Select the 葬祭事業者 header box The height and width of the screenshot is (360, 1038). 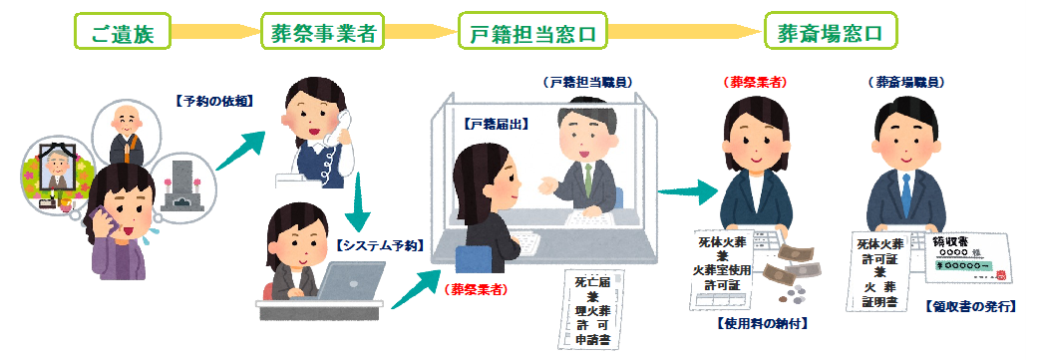[x=323, y=33]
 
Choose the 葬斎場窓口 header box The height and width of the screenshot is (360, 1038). [x=830, y=33]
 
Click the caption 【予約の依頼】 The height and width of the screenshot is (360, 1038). [x=211, y=101]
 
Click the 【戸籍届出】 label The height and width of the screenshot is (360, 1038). [x=496, y=125]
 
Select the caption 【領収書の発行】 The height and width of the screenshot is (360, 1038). [x=968, y=306]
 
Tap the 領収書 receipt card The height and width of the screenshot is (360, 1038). [x=967, y=260]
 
